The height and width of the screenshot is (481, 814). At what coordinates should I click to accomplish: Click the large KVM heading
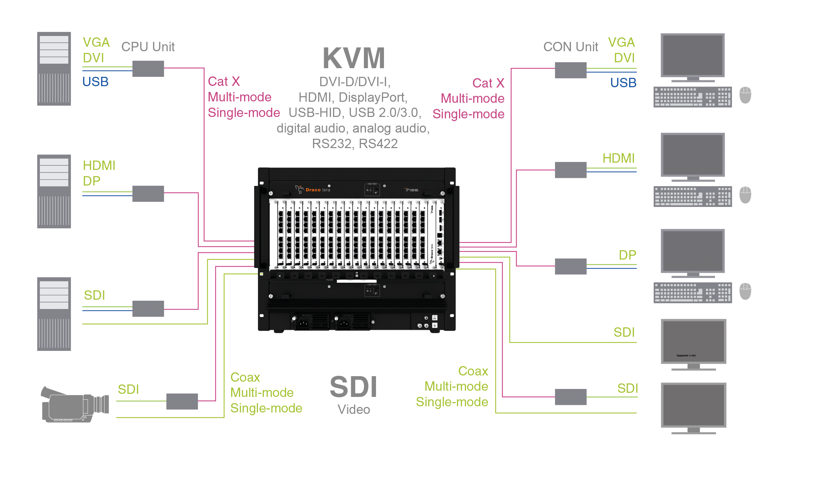pos(354,58)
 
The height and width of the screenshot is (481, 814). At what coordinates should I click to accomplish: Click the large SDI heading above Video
pos(353,387)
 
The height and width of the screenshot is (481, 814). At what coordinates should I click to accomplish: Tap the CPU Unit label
pos(148,47)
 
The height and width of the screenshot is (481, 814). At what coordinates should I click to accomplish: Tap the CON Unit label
pos(571,47)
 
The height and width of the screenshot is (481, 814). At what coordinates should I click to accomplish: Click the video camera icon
pos(75,405)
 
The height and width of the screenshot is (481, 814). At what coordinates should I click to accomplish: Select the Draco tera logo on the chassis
pos(313,190)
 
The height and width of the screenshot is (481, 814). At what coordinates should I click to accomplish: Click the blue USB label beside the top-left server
pos(96,82)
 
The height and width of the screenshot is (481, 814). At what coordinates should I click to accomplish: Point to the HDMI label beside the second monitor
pos(618,158)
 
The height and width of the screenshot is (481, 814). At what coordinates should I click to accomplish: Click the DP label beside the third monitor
pos(627,255)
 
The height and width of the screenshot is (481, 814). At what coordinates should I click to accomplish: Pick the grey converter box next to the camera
pos(182,401)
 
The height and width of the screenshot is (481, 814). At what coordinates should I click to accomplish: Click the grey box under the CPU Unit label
pos(148,69)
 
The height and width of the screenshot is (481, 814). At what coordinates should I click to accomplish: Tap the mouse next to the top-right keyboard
pos(745,95)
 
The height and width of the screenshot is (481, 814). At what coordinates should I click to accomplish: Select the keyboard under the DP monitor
pos(692,293)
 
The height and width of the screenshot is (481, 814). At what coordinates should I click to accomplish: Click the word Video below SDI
pos(354,410)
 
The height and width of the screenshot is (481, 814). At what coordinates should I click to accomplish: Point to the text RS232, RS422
pos(355,144)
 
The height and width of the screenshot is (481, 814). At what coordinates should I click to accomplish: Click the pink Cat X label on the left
pos(224,82)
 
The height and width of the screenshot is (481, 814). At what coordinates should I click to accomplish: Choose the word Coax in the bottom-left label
pos(245,377)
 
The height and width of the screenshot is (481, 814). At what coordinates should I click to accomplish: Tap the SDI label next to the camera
pos(128,390)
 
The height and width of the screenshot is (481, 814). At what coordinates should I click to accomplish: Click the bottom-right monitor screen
pos(693,405)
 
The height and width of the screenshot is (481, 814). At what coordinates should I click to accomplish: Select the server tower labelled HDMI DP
pos(54,191)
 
